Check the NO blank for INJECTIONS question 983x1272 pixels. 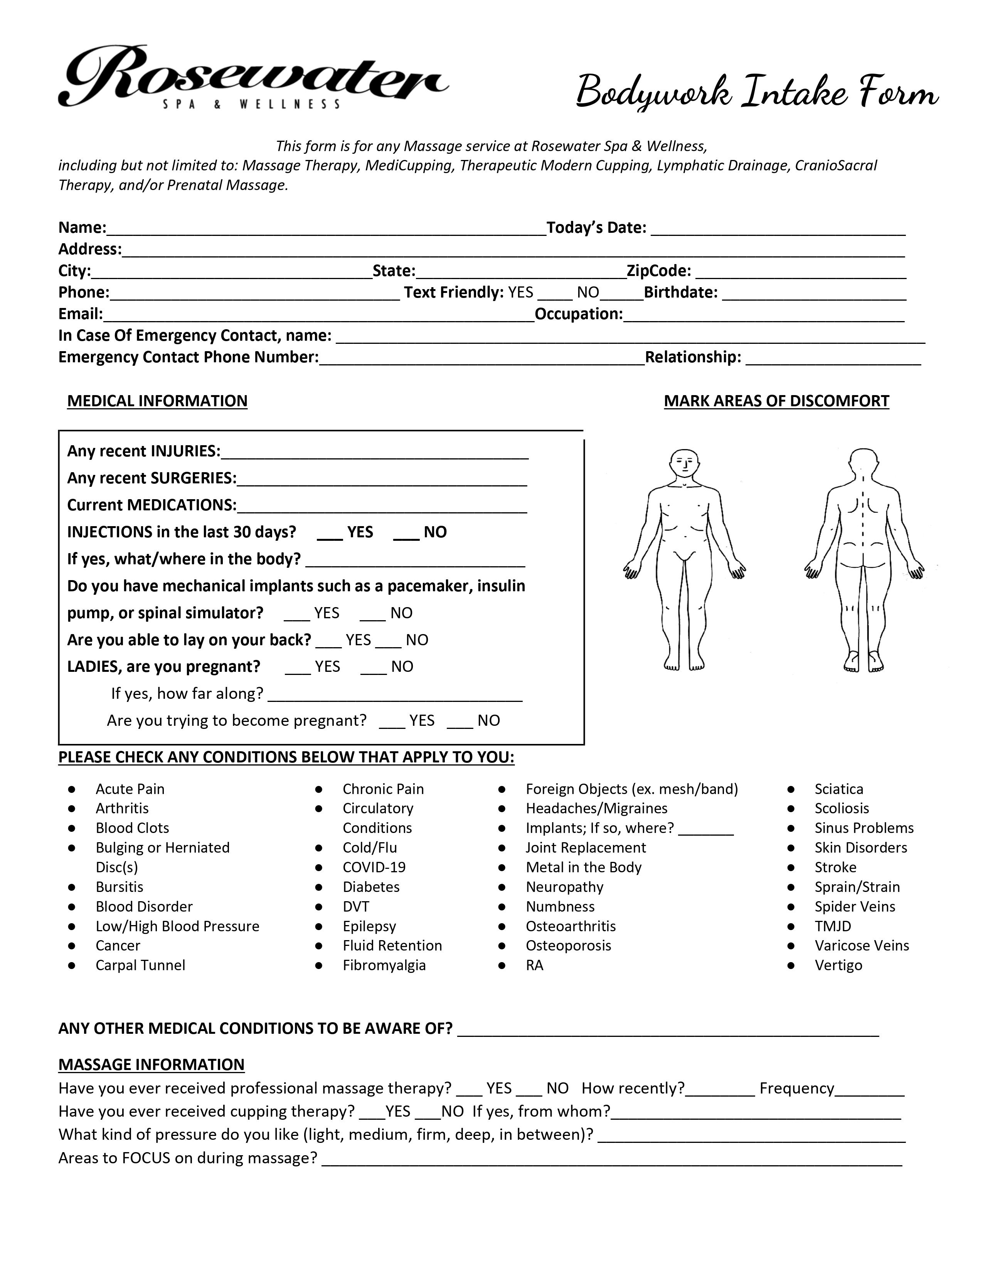[406, 535]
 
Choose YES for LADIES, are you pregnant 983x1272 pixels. [298, 669]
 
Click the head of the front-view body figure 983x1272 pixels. [684, 464]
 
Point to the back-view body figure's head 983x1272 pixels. [863, 464]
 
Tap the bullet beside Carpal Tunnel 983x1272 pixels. [72, 965]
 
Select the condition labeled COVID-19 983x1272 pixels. [374, 867]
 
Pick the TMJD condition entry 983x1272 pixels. [832, 926]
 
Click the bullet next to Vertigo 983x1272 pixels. [790, 965]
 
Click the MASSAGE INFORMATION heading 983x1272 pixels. [151, 1065]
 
